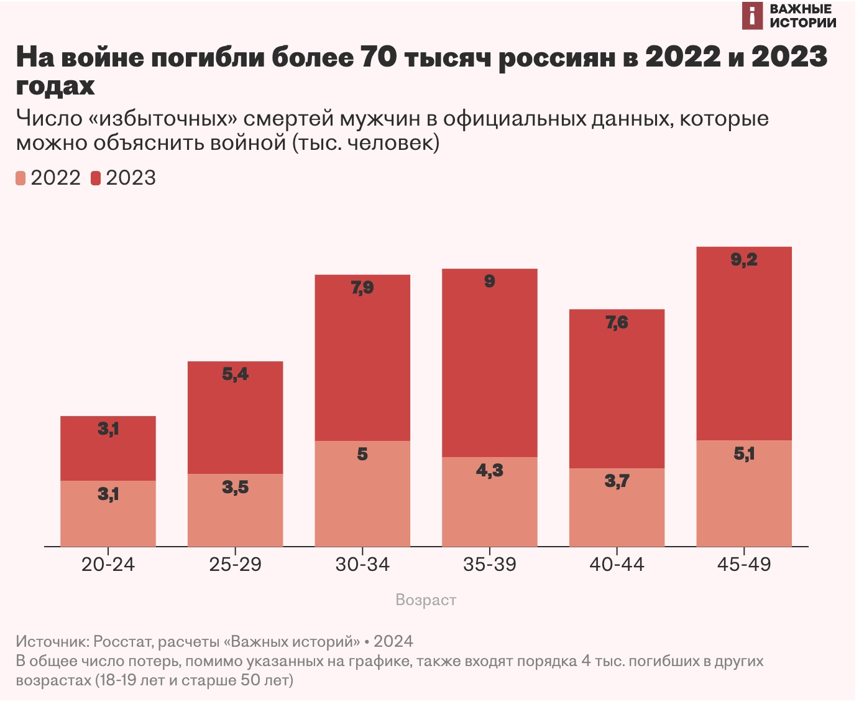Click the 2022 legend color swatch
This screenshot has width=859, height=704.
point(21,178)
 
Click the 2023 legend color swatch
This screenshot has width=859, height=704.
point(96,178)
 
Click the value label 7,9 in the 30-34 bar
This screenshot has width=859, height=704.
point(362,287)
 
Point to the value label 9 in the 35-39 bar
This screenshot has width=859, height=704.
point(490,281)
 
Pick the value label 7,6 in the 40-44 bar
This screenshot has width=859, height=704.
point(617,322)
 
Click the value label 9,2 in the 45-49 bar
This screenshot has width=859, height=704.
point(744,259)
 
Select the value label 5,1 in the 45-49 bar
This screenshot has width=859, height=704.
point(744,453)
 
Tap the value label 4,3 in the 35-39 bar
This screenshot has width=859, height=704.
point(490,470)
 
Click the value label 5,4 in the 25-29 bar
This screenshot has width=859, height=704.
point(235,374)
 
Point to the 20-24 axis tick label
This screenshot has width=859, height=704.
point(108,564)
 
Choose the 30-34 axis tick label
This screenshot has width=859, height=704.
point(362,564)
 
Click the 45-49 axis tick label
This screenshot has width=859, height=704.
point(744,564)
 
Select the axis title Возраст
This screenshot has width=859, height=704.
point(426,600)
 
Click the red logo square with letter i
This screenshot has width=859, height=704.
point(752,16)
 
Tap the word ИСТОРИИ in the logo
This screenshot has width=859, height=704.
point(802,23)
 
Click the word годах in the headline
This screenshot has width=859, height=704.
point(55,86)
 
